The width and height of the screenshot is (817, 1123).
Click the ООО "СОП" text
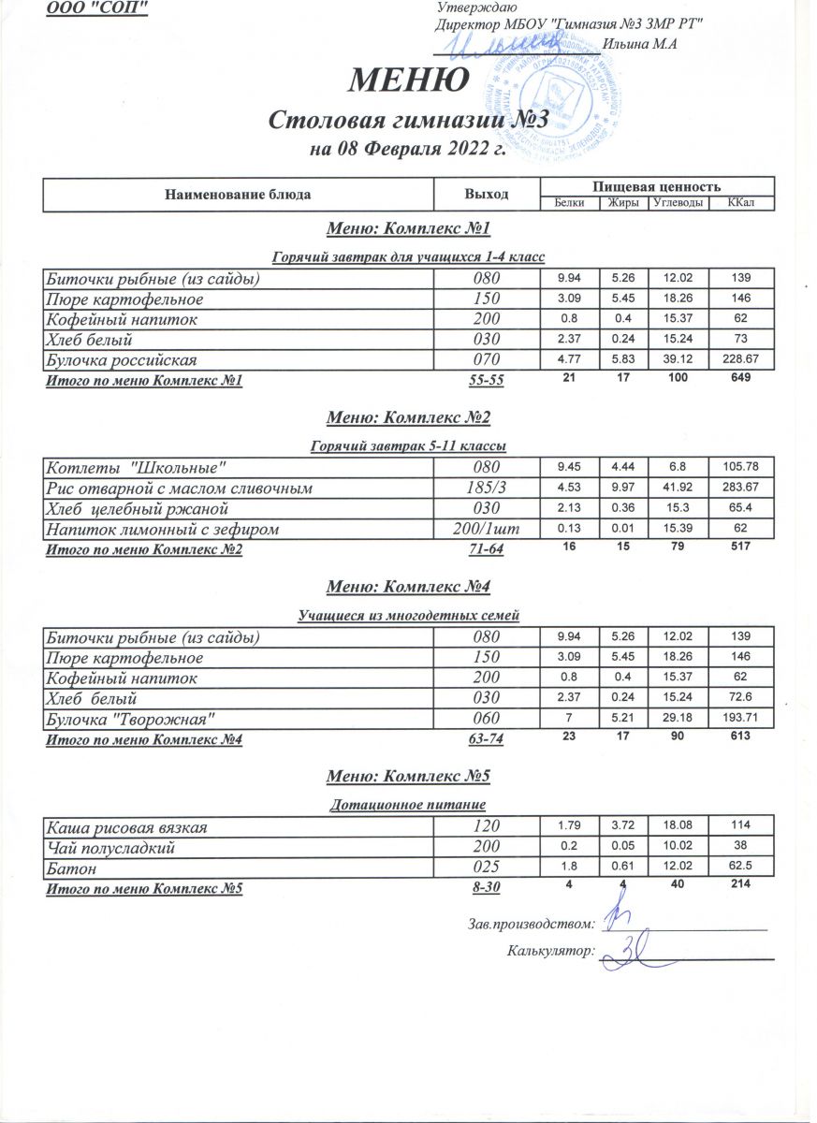pyautogui.click(x=97, y=8)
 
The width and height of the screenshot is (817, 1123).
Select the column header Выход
pyautogui.click(x=487, y=195)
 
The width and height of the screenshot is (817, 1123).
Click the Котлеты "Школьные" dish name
pyautogui.click(x=136, y=468)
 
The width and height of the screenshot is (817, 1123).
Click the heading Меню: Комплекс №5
pyautogui.click(x=408, y=777)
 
